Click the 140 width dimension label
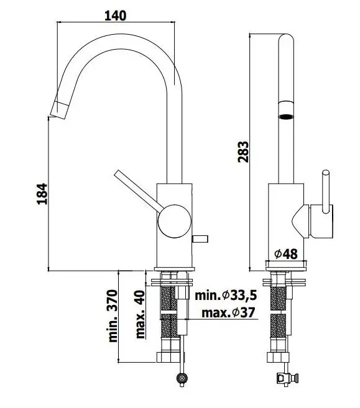click(116, 16)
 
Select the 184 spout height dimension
click(42, 194)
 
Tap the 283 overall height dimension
click(243, 152)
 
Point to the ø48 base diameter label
click(286, 254)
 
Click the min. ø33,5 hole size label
click(226, 296)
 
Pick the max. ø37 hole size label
click(228, 312)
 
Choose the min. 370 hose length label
click(113, 315)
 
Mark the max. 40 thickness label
click(140, 314)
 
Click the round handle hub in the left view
click(174, 221)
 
